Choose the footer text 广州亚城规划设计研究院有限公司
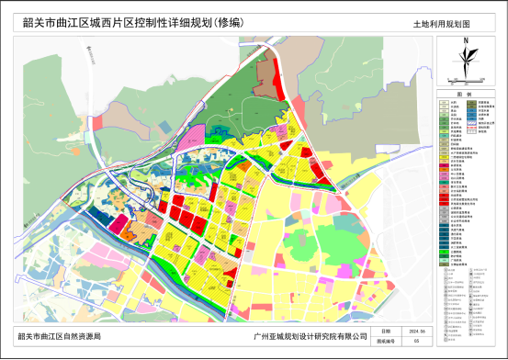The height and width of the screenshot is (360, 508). [308, 337]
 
